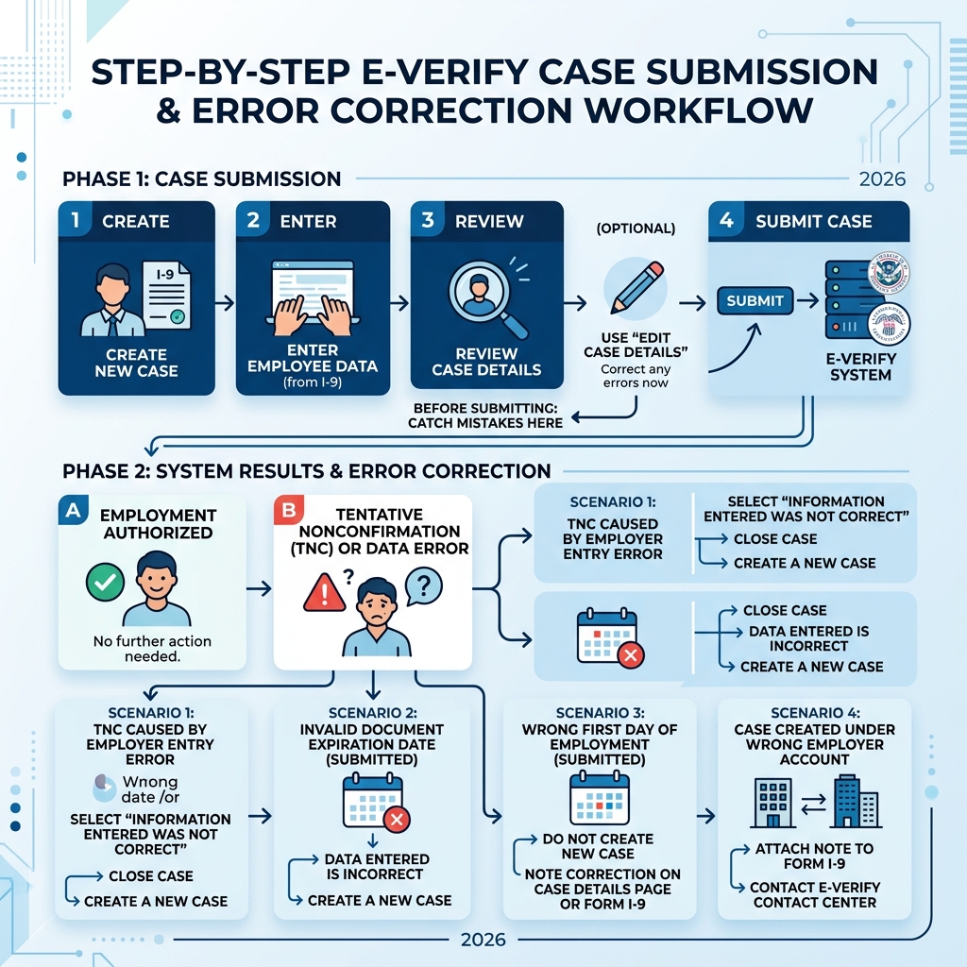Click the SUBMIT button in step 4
755,300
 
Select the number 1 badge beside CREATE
75,220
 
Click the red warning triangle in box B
324,593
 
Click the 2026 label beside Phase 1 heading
882,179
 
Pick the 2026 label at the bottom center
483,940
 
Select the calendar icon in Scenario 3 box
599,798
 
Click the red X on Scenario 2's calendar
397,820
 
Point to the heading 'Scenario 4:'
814,712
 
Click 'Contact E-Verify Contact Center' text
814,894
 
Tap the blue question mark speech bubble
423,585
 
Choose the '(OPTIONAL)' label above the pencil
636,229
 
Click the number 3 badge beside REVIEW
427,220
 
